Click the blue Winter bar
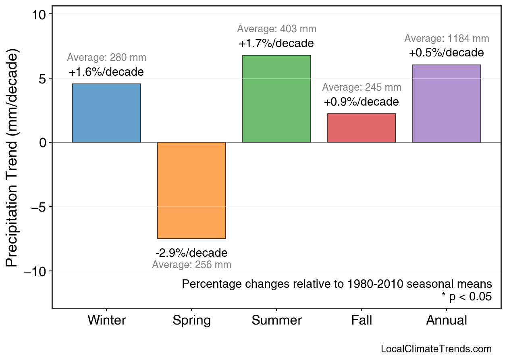point(106,113)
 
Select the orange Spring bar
point(191,190)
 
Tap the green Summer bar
point(276,99)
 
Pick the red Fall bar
point(362,128)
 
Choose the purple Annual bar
point(447,104)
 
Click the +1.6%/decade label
point(106,73)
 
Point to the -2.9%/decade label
point(191,253)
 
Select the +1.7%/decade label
point(276,44)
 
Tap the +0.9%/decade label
point(362,102)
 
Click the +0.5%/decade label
point(447,53)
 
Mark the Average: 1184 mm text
point(447,39)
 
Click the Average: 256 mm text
point(191,265)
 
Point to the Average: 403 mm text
point(276,29)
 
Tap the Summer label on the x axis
point(276,321)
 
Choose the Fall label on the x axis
point(362,321)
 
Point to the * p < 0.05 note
point(467,297)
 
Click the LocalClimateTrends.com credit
point(436,349)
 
